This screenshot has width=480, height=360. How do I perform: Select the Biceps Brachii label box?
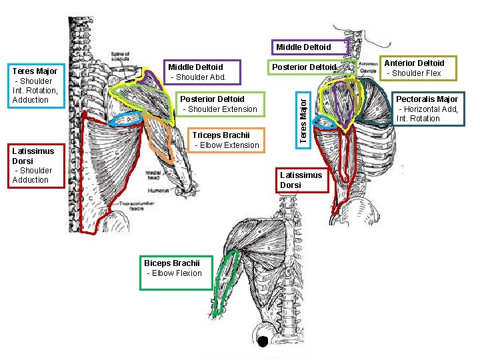[x=175, y=272]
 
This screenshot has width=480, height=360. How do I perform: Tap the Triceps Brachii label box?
[x=225, y=139]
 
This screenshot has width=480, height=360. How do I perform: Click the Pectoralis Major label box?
[x=427, y=108]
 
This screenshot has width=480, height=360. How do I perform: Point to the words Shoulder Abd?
[x=199, y=77]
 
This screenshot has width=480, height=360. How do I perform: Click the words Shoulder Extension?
[x=219, y=109]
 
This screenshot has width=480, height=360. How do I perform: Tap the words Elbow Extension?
[x=226, y=145]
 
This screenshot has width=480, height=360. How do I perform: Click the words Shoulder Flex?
[x=415, y=73]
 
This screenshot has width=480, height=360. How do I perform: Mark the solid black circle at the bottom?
[x=263, y=341]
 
